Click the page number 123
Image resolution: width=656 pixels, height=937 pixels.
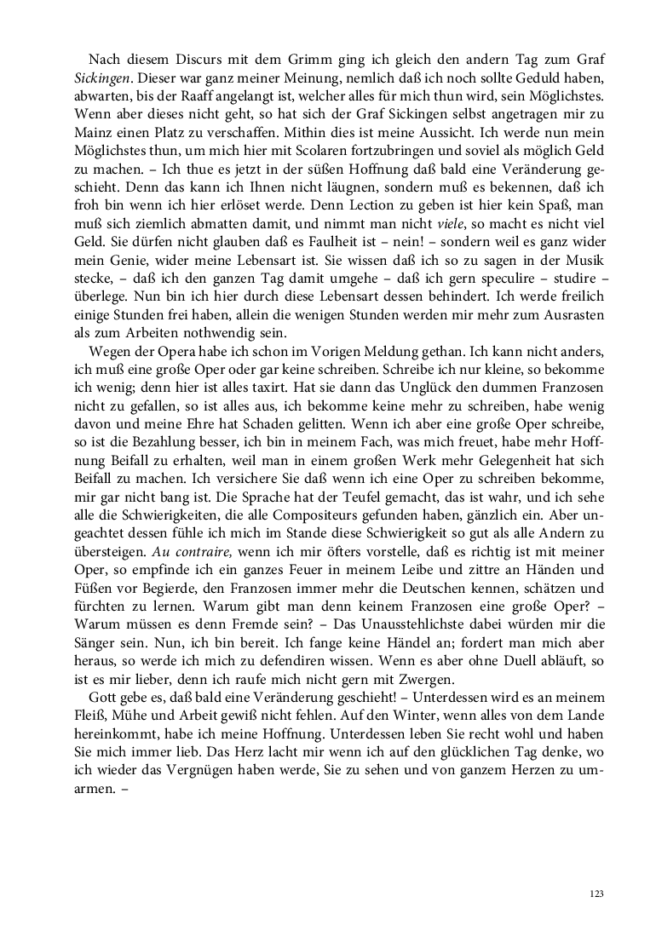596,894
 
